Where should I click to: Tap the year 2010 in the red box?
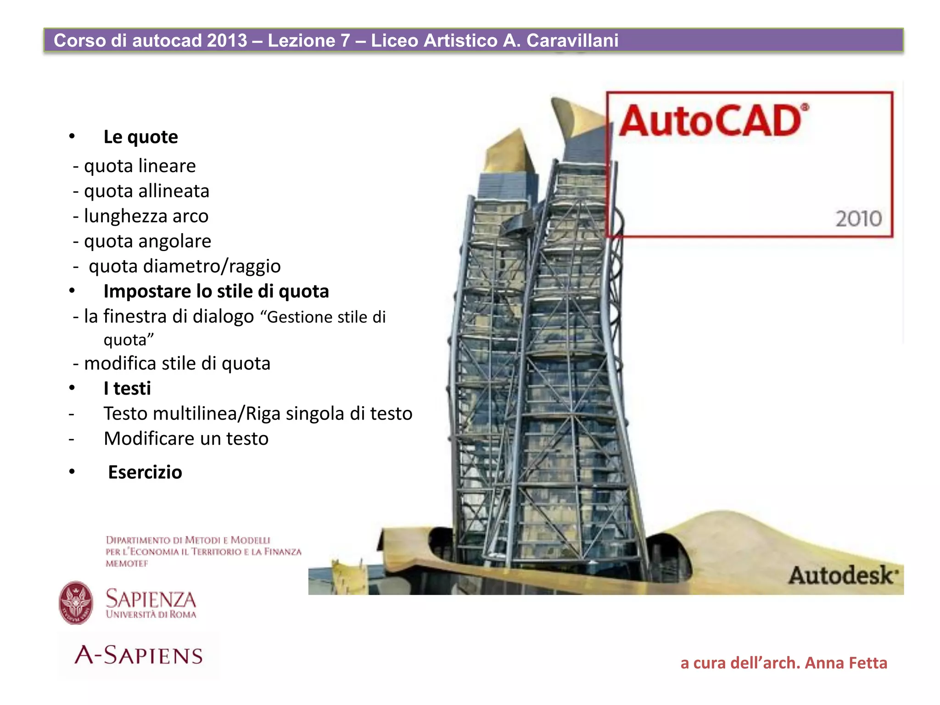click(x=858, y=219)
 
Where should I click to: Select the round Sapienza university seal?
click(x=76, y=603)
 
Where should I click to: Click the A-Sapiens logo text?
click(x=139, y=655)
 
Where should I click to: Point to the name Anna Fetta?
click(x=845, y=663)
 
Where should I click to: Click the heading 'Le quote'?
click(x=140, y=137)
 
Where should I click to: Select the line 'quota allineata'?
click(x=146, y=191)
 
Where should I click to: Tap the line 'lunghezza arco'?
click(x=145, y=216)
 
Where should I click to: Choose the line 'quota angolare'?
click(x=147, y=241)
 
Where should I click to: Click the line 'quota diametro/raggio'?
click(x=184, y=266)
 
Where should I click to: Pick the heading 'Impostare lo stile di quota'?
click(x=216, y=291)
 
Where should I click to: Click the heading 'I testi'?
click(x=127, y=389)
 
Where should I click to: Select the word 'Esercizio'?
click(x=145, y=472)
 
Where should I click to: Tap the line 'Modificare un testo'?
click(x=186, y=439)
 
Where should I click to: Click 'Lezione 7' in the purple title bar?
click(x=309, y=40)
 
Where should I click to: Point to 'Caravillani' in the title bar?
click(x=572, y=40)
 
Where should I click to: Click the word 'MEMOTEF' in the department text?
click(x=127, y=564)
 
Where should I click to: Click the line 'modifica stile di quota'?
click(x=177, y=364)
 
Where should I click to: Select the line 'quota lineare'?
click(x=140, y=166)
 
